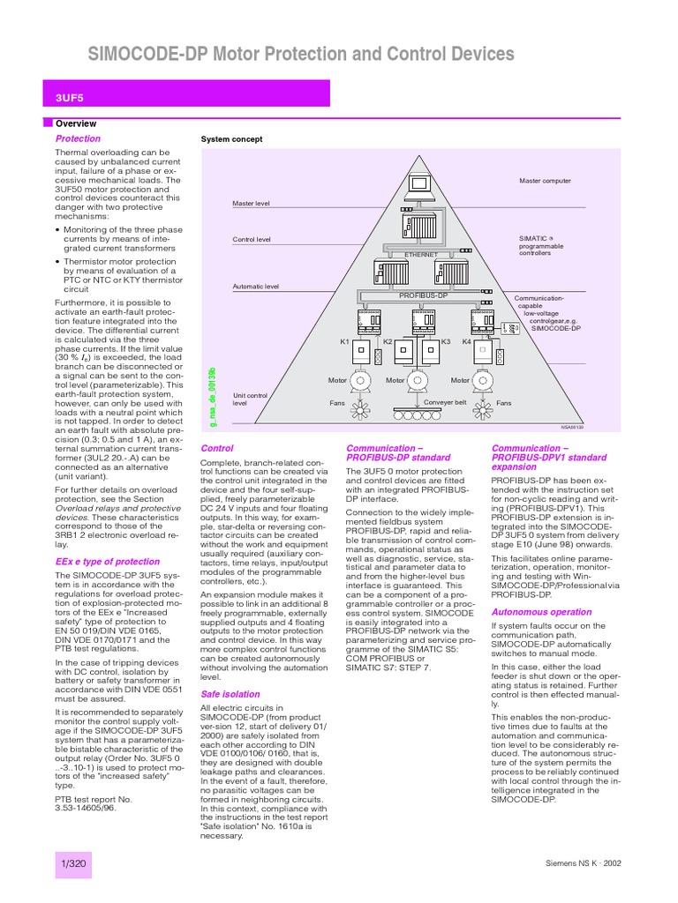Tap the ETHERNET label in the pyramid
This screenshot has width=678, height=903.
[x=421, y=254]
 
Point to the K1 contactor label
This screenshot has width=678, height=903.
[x=345, y=340]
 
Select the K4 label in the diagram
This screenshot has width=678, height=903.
[x=467, y=340]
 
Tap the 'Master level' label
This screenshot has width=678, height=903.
[x=251, y=204]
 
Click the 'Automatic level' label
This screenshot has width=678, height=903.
[x=255, y=287]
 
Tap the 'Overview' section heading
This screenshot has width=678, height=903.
[x=76, y=124]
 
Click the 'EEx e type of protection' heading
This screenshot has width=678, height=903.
[x=108, y=562]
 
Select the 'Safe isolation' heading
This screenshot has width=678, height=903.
[x=230, y=695]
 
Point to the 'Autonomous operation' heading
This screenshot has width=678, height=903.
[x=541, y=611]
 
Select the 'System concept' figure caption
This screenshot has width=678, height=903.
[x=231, y=139]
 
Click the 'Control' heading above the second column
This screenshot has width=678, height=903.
[x=217, y=448]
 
